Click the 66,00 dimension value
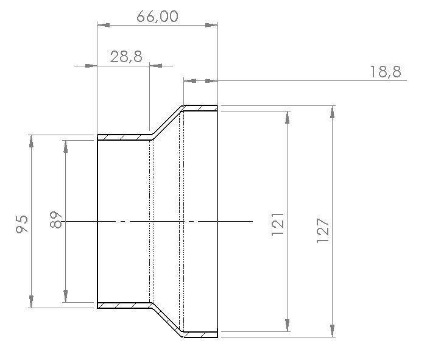tap(157, 16)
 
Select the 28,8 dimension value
tap(126, 57)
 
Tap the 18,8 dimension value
tap(385, 72)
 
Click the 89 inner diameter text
tap(55, 220)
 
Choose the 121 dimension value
tap(278, 224)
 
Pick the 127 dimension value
tap(323, 230)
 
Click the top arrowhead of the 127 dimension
tap(332, 110)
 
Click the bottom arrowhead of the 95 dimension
tap(31, 303)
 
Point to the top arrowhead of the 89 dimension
tap(65, 144)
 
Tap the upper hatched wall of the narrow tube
tap(124, 138)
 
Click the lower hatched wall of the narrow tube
tap(124, 305)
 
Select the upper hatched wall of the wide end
tap(200, 108)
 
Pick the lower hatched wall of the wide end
tap(200, 334)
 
